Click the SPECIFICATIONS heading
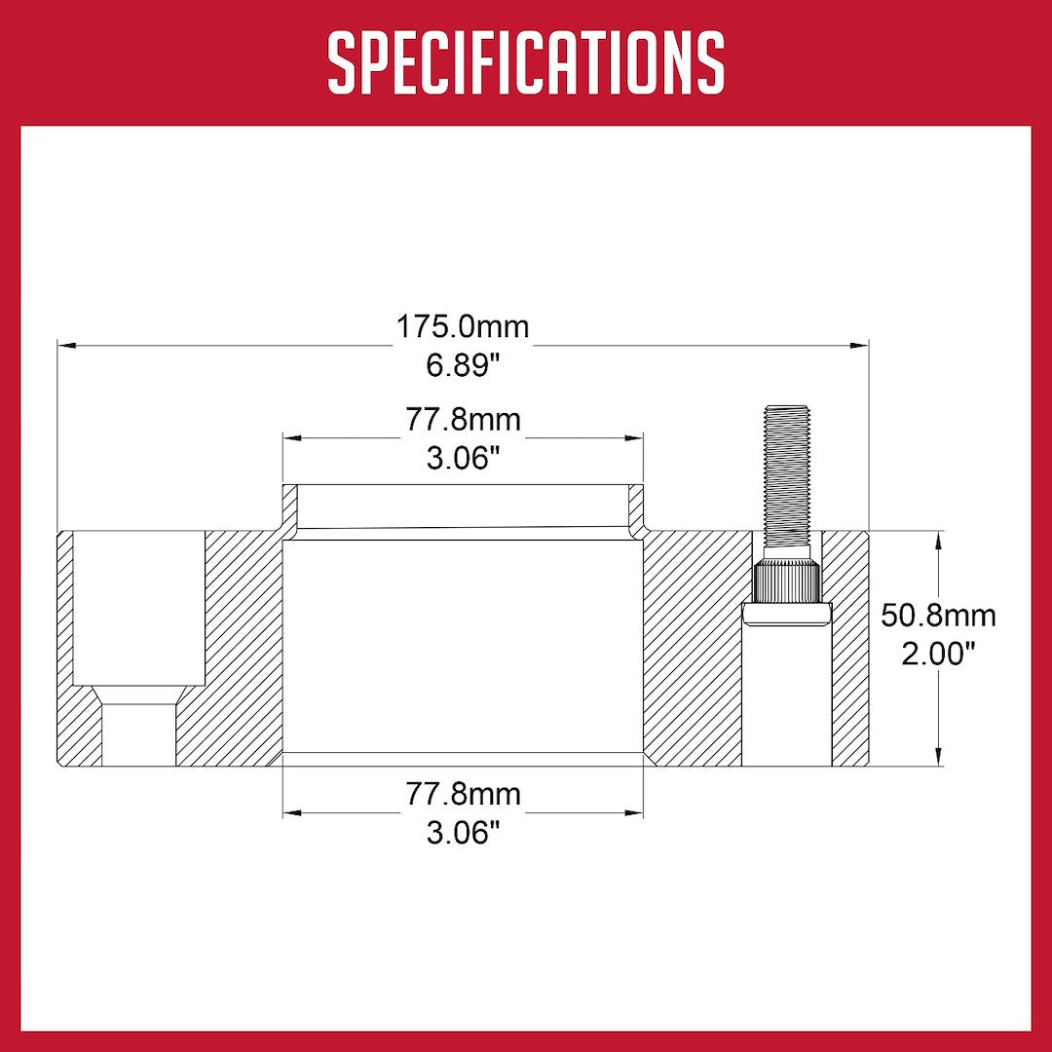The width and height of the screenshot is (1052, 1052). coord(526,62)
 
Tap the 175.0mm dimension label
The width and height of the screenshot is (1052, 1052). coord(463,326)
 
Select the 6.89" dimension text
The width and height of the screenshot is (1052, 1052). coord(463,366)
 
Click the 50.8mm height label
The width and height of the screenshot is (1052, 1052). coord(938,616)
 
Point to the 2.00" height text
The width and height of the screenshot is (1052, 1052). coord(938,654)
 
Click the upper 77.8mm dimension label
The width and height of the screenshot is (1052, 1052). coord(464,420)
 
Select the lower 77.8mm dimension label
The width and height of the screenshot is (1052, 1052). coord(464,794)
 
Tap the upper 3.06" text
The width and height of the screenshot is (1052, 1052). coord(464,458)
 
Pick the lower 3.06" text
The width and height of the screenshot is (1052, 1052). coord(464,832)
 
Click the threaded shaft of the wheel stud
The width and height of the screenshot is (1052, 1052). coord(787,477)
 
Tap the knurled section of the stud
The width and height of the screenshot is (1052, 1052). coord(787,582)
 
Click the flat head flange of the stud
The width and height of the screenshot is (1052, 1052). coord(787,613)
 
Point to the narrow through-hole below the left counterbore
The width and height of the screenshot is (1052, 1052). coord(137,733)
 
